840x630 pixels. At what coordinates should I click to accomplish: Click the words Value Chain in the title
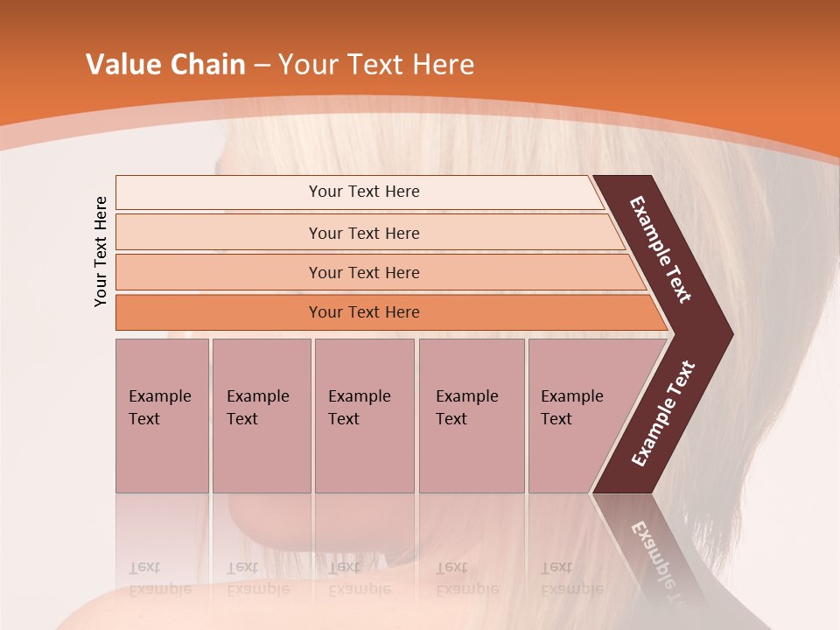[x=165, y=65]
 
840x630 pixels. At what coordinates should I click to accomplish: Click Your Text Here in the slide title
[x=376, y=65]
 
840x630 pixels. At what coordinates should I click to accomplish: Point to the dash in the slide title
[x=262, y=66]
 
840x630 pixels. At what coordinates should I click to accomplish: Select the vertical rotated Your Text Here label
[x=101, y=251]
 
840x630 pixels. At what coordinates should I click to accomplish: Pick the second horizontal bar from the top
[x=363, y=233]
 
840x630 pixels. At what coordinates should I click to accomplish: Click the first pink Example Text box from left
[x=162, y=415]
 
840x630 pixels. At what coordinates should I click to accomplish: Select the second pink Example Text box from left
[x=261, y=415]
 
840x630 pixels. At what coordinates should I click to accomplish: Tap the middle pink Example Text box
[x=364, y=415]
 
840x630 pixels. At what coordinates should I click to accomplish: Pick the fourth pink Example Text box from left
[x=471, y=415]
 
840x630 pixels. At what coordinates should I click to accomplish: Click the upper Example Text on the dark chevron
[x=661, y=249]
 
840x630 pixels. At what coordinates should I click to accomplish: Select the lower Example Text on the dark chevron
[x=663, y=413]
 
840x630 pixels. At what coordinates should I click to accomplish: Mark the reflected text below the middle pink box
[x=359, y=578]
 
